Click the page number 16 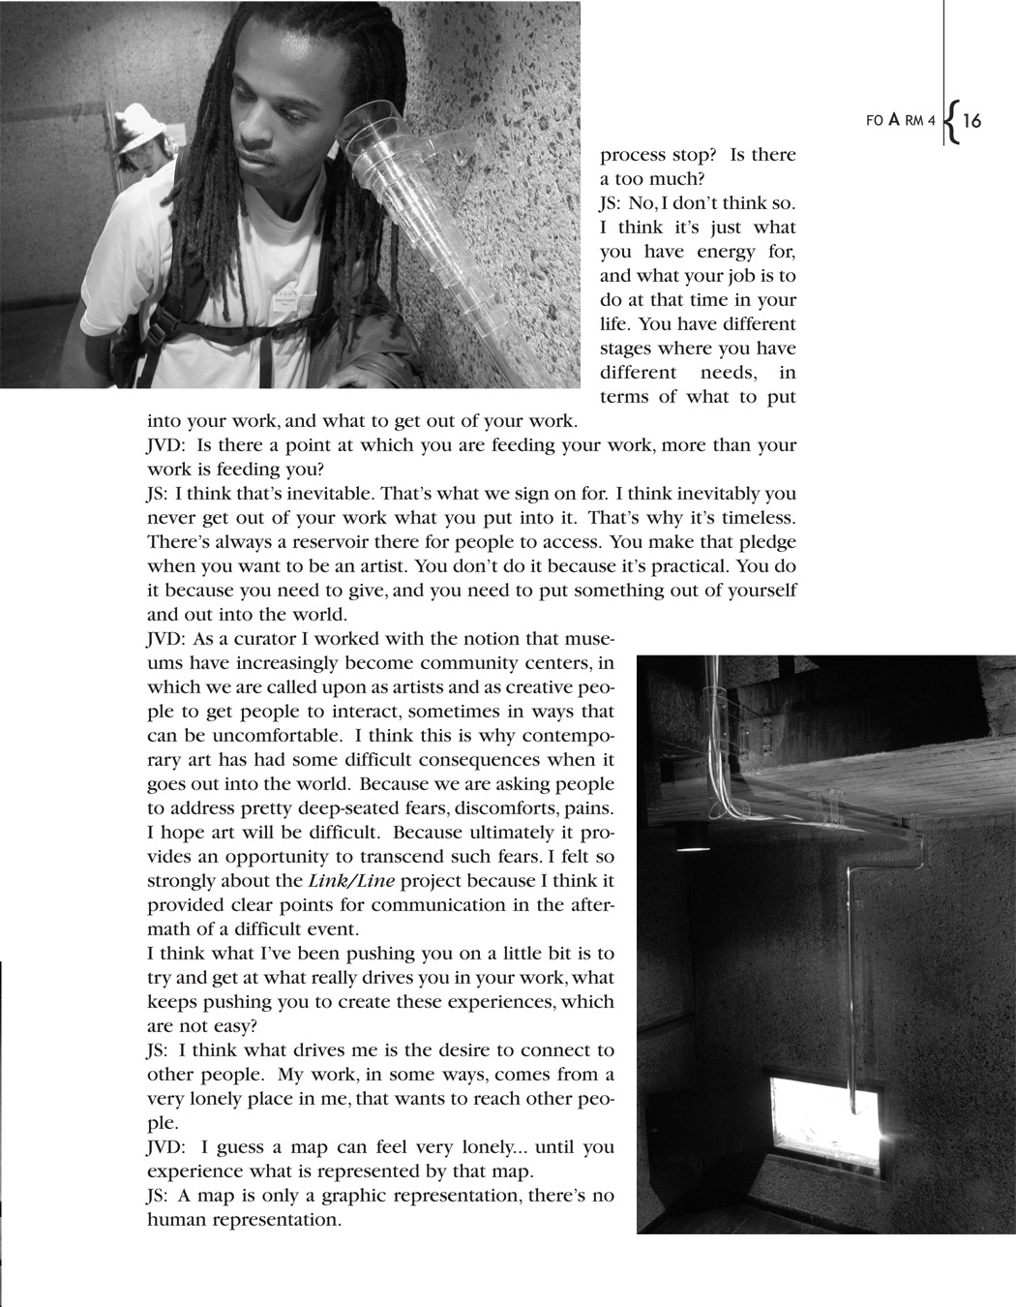971,121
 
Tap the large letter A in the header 893,119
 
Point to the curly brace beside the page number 951,121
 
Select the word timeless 758,517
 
